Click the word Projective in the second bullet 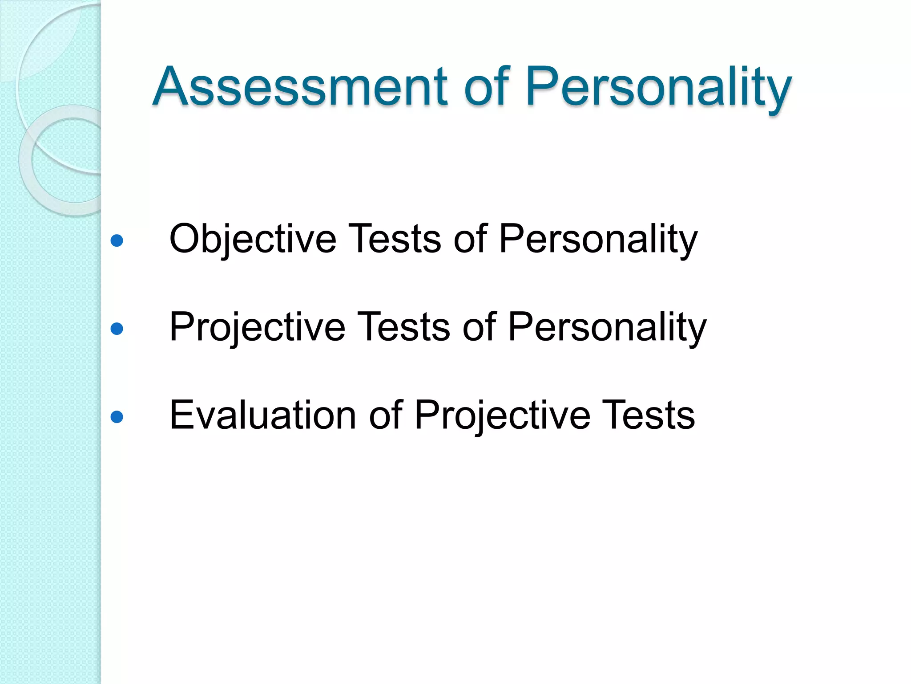click(x=257, y=327)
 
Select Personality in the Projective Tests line click(x=607, y=328)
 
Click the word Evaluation click(x=262, y=415)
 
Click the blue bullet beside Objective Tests click(x=117, y=241)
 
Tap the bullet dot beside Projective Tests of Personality click(x=117, y=329)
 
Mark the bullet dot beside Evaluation click(x=117, y=417)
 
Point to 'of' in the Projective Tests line click(x=479, y=327)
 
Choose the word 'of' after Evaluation click(x=386, y=415)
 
